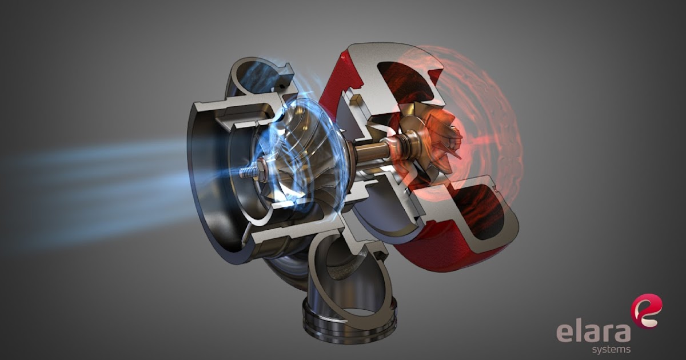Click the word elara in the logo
pyautogui.click(x=593, y=332)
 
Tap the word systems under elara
pyautogui.click(x=611, y=349)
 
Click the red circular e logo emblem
pyautogui.click(x=646, y=311)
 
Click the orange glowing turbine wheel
pyautogui.click(x=436, y=137)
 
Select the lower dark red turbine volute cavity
pyautogui.click(x=477, y=211)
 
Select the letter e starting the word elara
pyautogui.click(x=564, y=333)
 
